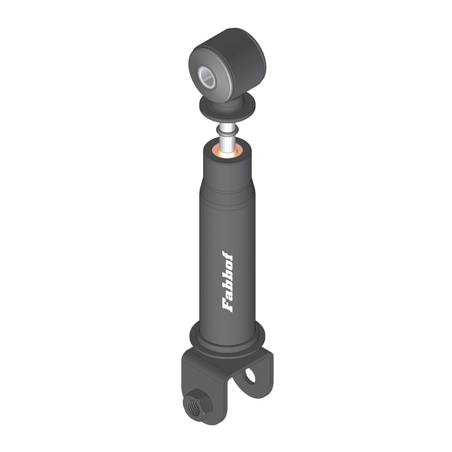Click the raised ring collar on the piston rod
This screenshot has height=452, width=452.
pyautogui.click(x=228, y=132)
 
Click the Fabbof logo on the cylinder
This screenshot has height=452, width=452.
pyautogui.click(x=227, y=282)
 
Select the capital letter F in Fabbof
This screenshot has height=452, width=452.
pyautogui.click(x=227, y=306)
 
